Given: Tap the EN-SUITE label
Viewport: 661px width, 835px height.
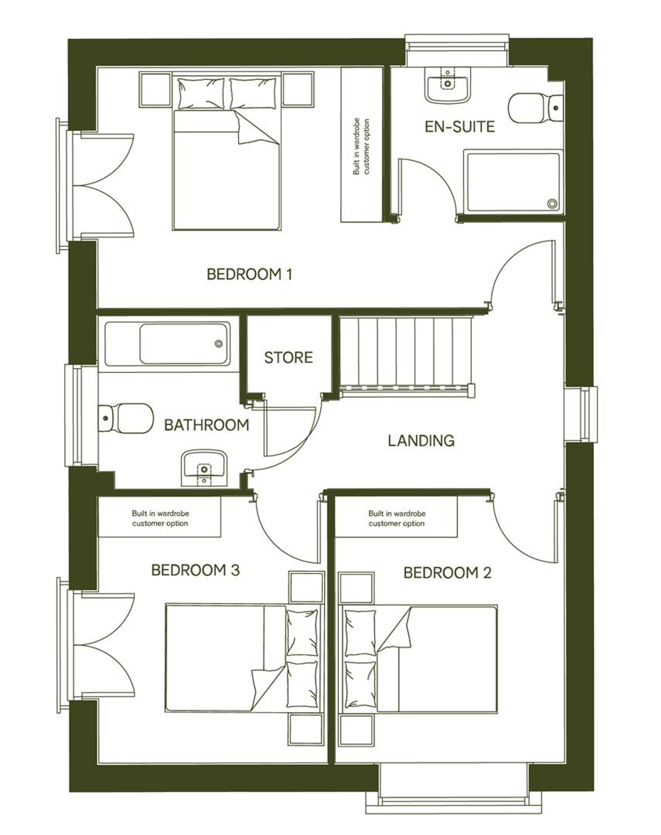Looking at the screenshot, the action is coord(460,127).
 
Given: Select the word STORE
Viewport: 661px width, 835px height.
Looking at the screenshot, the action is coord(288,357).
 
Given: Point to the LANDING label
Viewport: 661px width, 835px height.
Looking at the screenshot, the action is coord(421,441).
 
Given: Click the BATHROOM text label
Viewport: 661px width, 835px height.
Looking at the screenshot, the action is coord(207,425).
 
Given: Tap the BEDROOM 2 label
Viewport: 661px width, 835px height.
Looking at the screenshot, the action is coord(447,573).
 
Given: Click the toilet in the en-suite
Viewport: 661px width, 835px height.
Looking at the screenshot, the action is coord(536,108).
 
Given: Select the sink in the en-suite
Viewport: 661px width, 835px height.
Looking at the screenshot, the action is coord(448,84).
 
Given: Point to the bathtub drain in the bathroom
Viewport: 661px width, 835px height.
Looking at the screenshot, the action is coord(219,343).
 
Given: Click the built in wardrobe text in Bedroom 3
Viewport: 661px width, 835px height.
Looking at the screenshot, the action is coord(160,518).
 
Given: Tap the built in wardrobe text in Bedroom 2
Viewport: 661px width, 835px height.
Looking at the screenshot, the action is coord(397,518).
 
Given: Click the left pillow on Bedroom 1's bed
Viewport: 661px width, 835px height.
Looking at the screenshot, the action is coord(201,93).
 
